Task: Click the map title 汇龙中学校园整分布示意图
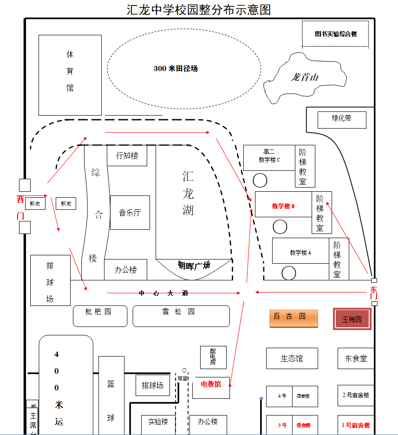coord(198,10)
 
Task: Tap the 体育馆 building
coord(70,75)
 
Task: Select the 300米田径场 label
coord(176,69)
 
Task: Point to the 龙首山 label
coord(304,77)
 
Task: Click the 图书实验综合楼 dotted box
coord(335,34)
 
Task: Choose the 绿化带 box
coord(342,120)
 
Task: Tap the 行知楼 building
coord(127,156)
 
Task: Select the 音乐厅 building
coord(130,213)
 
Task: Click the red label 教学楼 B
coord(283,206)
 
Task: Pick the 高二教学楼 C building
coord(269,157)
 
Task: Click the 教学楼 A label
coord(300,253)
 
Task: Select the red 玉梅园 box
coord(352,319)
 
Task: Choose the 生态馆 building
coord(292,358)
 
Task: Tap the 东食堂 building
coord(356,358)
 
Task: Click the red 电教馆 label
coord(210,384)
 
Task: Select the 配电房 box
coord(213,357)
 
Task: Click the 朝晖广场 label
coord(194,266)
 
